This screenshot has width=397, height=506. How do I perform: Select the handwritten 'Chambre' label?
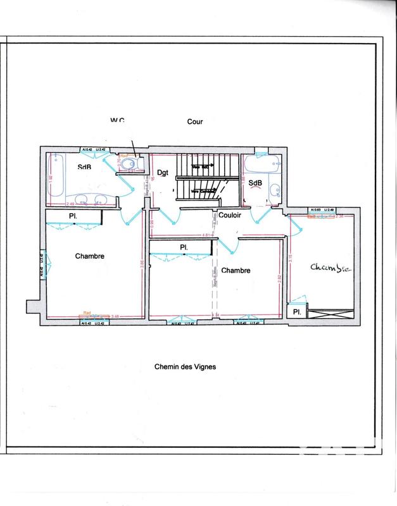pos(329,268)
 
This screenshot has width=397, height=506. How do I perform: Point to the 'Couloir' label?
pos(228,214)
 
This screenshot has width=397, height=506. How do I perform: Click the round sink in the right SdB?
pos(275,192)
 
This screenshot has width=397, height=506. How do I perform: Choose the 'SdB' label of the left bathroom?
pos(84,168)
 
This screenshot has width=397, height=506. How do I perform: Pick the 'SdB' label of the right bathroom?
pos(255,183)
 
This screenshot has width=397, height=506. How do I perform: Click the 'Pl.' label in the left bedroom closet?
pos(73,217)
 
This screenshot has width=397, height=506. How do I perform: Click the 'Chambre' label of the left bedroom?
pos(89,256)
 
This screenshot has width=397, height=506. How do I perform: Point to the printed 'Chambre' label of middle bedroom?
pos(236,270)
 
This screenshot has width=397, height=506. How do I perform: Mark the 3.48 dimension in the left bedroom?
pos(115,316)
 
